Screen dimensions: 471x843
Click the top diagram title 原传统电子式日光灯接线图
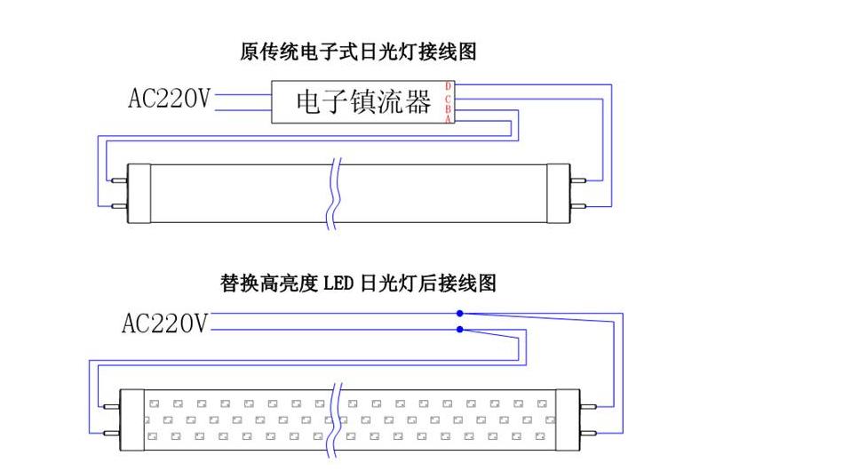[x=358, y=52]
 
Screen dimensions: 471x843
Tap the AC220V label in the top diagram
[x=170, y=99]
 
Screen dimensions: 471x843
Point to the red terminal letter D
[x=449, y=86]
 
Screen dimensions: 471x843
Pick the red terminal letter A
[x=449, y=119]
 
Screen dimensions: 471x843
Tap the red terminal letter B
[x=449, y=108]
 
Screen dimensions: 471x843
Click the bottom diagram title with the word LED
[x=358, y=284]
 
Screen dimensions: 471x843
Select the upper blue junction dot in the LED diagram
[x=460, y=314]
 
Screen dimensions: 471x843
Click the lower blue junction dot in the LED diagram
[x=460, y=330]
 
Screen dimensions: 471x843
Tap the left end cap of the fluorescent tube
[x=138, y=192]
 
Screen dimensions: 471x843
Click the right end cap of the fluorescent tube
[x=558, y=192]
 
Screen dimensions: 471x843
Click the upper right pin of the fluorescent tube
[x=578, y=180]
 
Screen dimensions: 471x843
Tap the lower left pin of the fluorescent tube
[x=117, y=204]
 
